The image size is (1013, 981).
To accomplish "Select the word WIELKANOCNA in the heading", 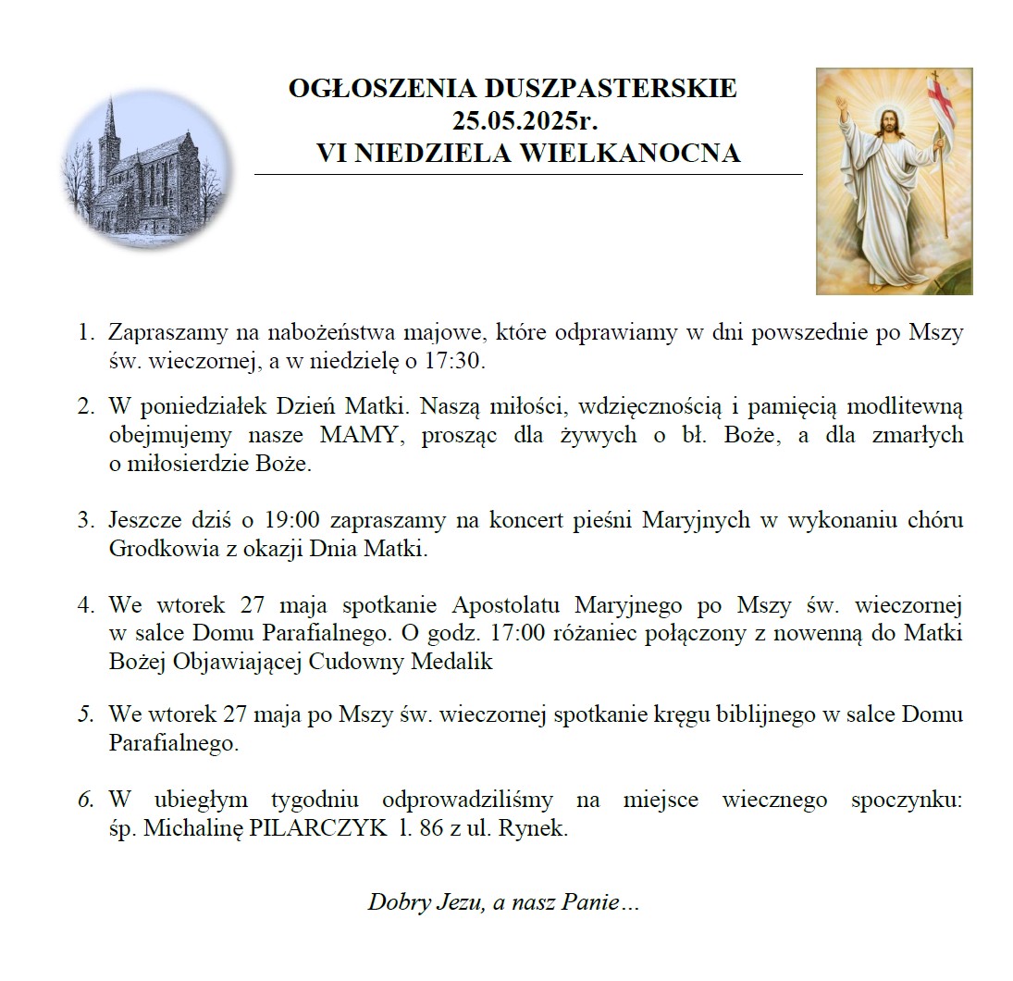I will (630, 153).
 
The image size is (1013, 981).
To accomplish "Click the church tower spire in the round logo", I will (110, 116).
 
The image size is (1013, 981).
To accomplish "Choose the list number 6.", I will (86, 800).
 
